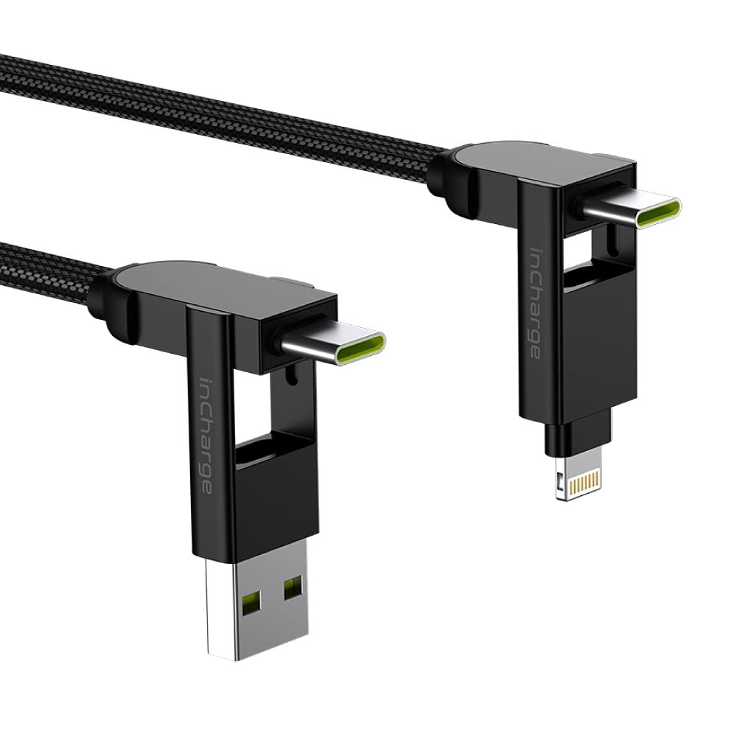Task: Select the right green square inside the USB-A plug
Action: click(293, 587)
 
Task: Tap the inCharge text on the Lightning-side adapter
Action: click(534, 303)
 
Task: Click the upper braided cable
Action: click(221, 105)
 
